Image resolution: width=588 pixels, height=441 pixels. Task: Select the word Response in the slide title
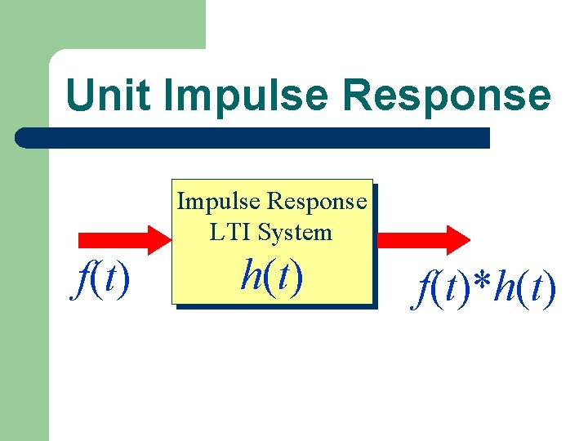coord(447,96)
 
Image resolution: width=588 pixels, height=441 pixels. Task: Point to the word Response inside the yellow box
coord(317,201)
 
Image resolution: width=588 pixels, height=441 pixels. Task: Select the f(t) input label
coord(100,281)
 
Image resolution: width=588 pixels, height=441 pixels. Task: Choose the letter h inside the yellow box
coord(252,275)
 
